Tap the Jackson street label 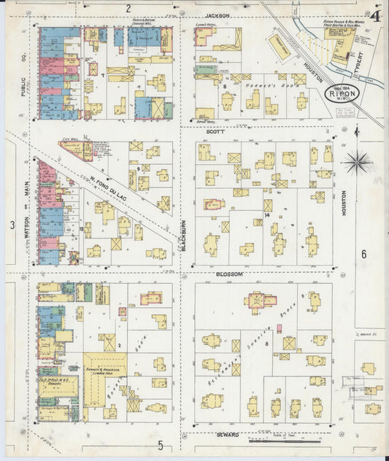click(217, 15)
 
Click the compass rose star click(358, 161)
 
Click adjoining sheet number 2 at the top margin click(128, 9)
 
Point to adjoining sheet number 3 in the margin click(12, 225)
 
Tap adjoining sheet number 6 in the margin click(363, 254)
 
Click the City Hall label click(70, 139)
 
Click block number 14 click(267, 214)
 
